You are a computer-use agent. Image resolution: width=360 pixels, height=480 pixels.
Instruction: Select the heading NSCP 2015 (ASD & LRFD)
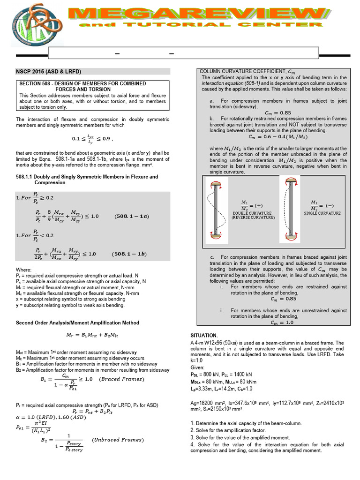(x=48, y=71)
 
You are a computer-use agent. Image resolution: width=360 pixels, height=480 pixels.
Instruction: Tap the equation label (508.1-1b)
(x=129, y=254)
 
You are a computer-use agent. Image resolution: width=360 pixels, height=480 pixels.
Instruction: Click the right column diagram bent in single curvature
(x=291, y=209)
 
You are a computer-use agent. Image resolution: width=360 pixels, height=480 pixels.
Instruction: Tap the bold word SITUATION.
(x=204, y=336)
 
